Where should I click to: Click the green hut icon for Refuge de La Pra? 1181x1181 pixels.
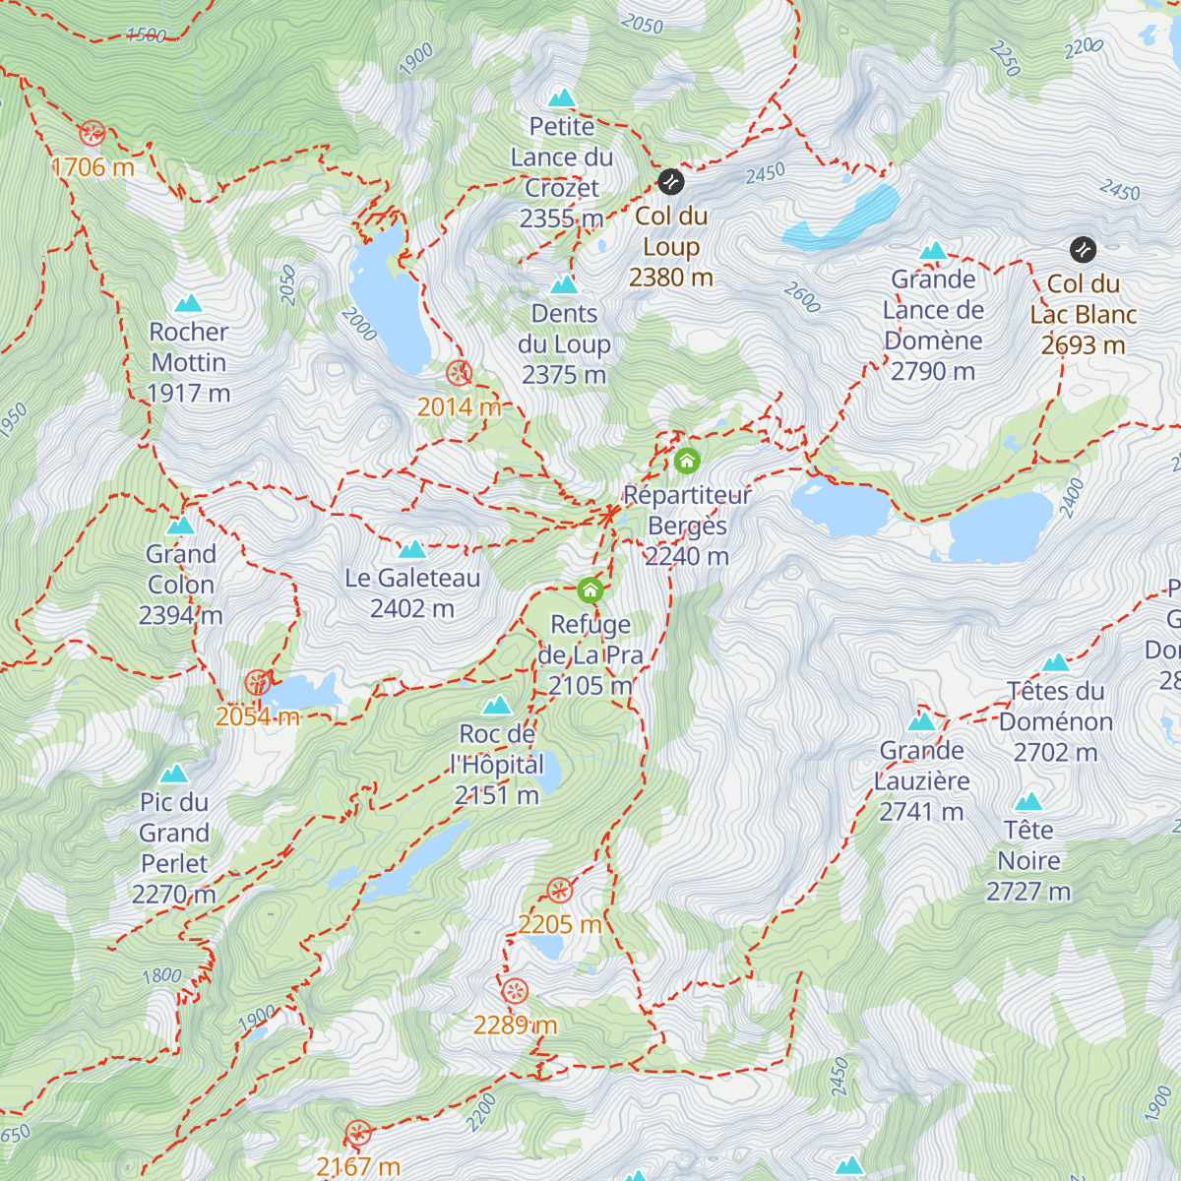pos(590,590)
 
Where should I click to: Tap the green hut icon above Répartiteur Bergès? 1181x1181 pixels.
pos(687,460)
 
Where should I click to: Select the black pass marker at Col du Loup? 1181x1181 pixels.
pos(670,181)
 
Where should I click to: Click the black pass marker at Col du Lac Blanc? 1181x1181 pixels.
pos(1083,249)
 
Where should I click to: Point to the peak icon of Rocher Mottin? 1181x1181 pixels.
pos(188,303)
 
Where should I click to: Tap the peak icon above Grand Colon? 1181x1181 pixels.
pos(180,526)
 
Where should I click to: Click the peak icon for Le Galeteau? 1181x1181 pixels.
pos(412,549)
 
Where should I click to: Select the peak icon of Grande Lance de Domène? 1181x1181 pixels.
pos(933,251)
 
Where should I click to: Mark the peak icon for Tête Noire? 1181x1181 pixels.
pos(1028,801)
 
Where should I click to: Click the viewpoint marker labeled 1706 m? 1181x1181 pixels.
pos(93,133)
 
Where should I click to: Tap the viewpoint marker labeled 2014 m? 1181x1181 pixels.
pos(459,373)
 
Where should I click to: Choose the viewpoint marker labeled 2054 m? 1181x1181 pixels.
pos(257,682)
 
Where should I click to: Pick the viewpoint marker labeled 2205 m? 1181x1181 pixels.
pos(559,891)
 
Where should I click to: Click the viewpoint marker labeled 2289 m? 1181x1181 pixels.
pos(515,991)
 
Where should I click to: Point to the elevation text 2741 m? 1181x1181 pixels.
pos(921,812)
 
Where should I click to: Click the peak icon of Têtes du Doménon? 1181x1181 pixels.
pos(1056,662)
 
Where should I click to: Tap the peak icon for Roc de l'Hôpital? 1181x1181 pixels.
pos(497,706)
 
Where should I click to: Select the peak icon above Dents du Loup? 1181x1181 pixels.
pos(564,285)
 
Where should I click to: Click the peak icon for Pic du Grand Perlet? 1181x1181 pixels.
pos(174,774)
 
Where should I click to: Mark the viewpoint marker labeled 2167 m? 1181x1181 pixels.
pos(358,1134)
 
